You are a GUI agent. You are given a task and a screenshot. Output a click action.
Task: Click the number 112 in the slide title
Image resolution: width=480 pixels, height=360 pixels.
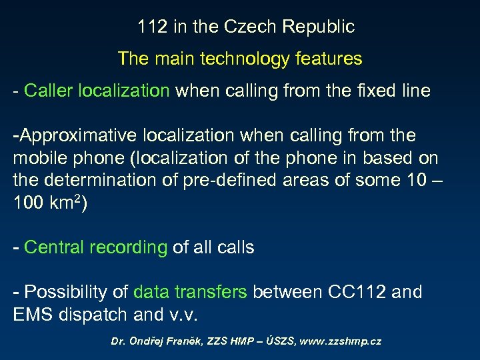click(151, 27)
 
